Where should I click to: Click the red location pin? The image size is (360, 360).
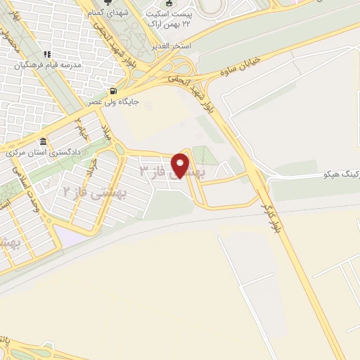[x=183, y=166]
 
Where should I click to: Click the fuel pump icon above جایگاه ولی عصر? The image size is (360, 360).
[x=115, y=90]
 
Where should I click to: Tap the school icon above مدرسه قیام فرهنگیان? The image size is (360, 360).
[x=47, y=54]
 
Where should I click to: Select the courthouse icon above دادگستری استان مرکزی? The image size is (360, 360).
[x=44, y=140]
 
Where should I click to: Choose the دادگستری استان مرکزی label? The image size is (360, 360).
[x=44, y=151]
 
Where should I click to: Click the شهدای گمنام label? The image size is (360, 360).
[x=108, y=13]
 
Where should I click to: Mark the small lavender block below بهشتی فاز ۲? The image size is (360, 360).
[x=73, y=236]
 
